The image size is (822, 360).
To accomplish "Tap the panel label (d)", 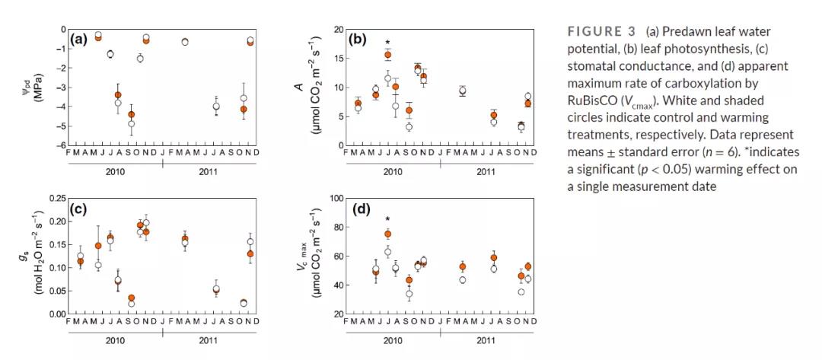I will [x=358, y=208].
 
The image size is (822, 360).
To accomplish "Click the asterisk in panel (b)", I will [x=387, y=43].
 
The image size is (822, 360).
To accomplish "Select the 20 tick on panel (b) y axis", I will [x=336, y=29].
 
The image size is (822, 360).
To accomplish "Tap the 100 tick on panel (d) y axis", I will [x=334, y=198].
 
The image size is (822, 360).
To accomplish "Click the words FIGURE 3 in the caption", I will [x=602, y=31].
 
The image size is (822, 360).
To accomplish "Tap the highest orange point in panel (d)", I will [x=387, y=234].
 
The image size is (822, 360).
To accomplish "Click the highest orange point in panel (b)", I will [x=387, y=56].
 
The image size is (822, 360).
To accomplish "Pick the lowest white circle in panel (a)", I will [x=131, y=123].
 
